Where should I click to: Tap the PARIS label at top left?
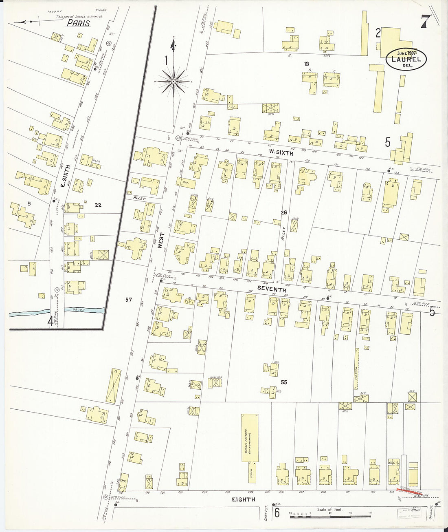[79, 23]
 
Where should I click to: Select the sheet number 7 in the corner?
[425, 21]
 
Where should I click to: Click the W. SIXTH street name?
[281, 152]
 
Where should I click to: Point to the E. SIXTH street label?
[64, 176]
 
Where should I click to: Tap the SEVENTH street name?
[272, 289]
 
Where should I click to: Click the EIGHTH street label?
[244, 499]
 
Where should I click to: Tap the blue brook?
[57, 312]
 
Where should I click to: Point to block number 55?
[284, 382]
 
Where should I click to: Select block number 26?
[284, 212]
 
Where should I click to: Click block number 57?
[129, 300]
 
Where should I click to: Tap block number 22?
[98, 205]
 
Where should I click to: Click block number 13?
[306, 64]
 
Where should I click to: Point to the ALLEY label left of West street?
[139, 198]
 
